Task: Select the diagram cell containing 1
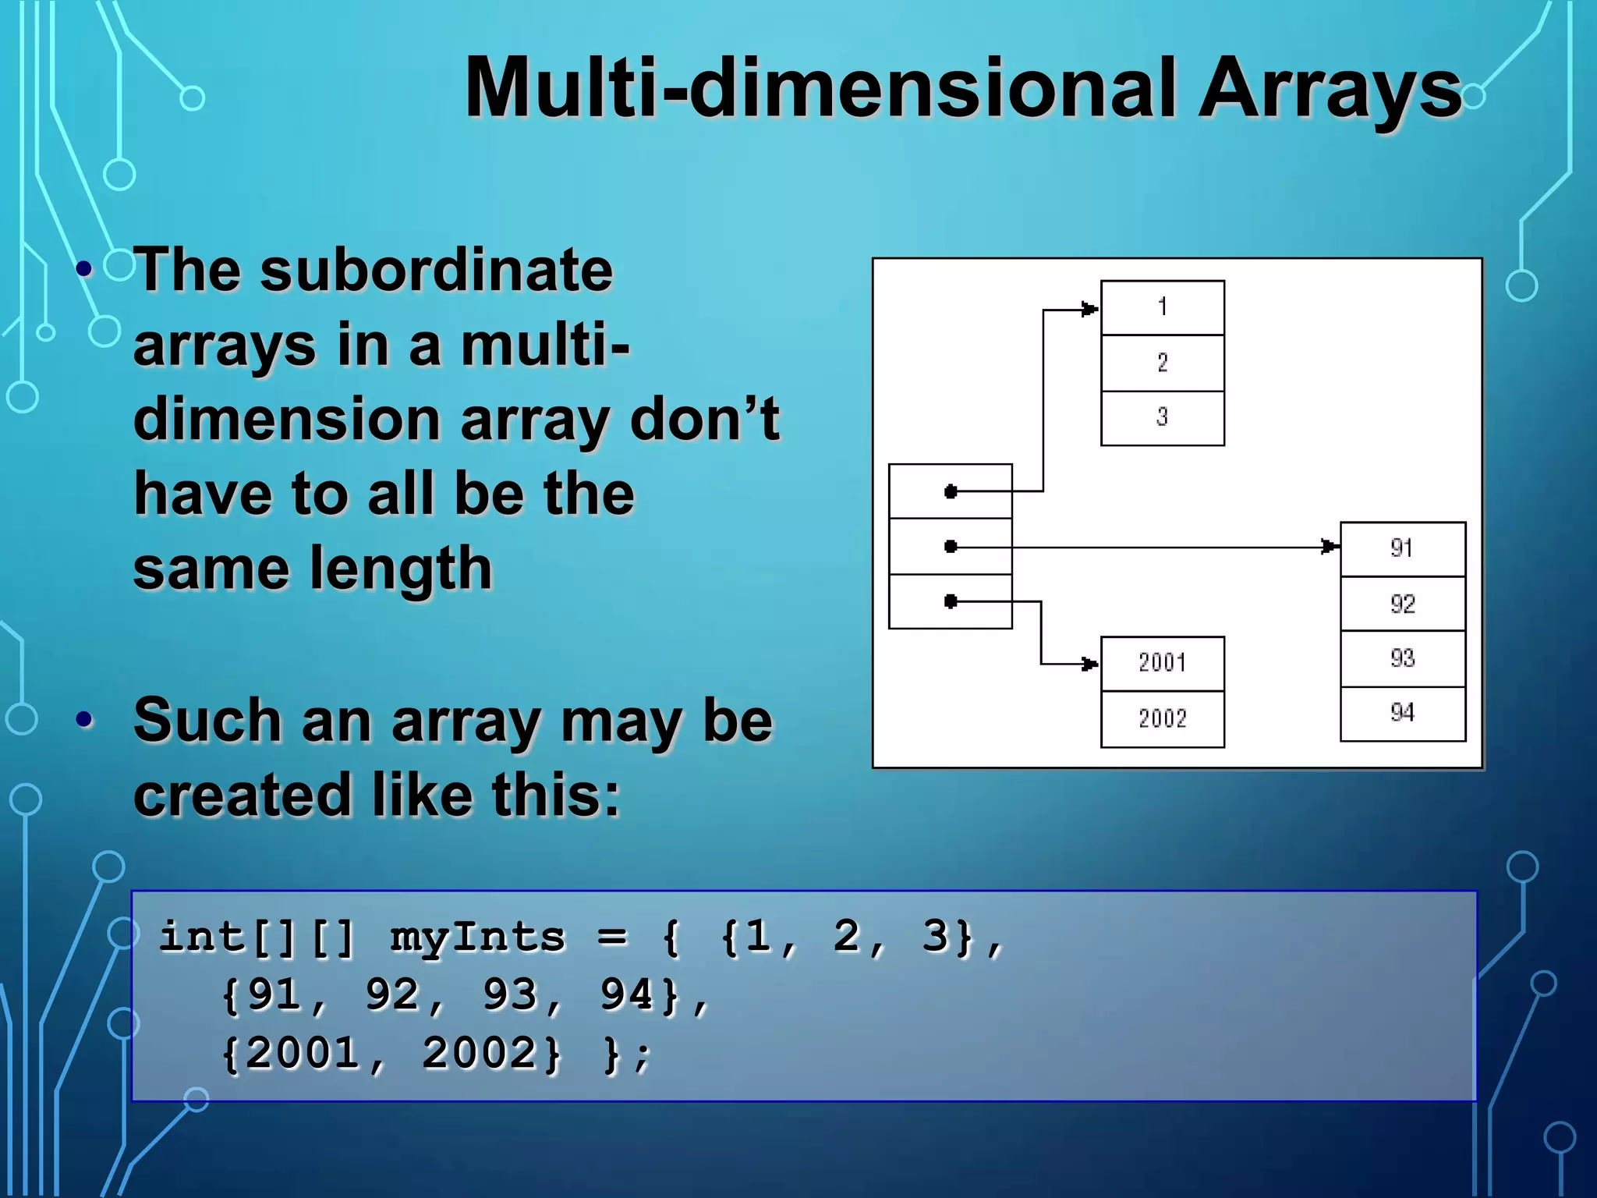pyautogui.click(x=1162, y=307)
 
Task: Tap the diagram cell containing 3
pyautogui.click(x=1162, y=418)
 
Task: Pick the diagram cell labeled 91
pyautogui.click(x=1402, y=548)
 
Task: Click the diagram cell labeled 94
pyautogui.click(x=1402, y=713)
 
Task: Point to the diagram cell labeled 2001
pyautogui.click(x=1162, y=664)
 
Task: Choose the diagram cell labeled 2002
pyautogui.click(x=1162, y=718)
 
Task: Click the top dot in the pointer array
pyautogui.click(x=950, y=491)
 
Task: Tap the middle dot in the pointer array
pyautogui.click(x=950, y=546)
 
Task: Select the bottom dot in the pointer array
pyautogui.click(x=950, y=601)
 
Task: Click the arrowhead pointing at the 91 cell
pyautogui.click(x=1329, y=547)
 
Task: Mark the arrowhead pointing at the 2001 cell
pyautogui.click(x=1089, y=664)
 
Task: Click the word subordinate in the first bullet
pyautogui.click(x=436, y=270)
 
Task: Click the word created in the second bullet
pyautogui.click(x=243, y=796)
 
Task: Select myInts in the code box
pyautogui.click(x=476, y=937)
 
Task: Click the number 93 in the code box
pyautogui.click(x=510, y=995)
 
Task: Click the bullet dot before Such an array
pyautogui.click(x=84, y=720)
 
